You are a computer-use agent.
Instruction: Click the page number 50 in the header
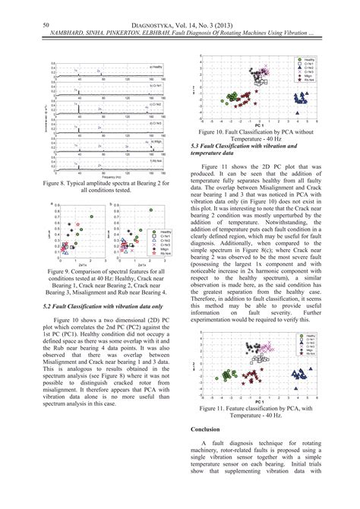click(x=46, y=25)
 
